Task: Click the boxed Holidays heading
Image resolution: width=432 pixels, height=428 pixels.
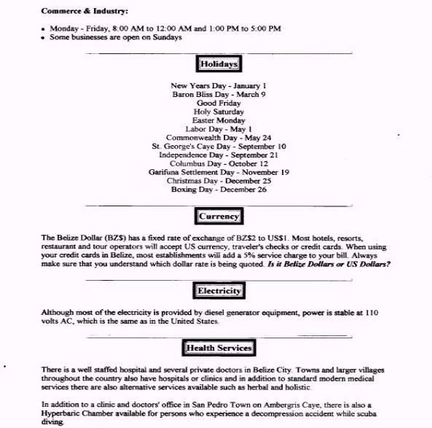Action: click(219, 64)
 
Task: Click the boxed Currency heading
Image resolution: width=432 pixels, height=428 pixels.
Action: click(219, 217)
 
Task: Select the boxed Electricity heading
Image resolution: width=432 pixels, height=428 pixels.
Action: click(219, 291)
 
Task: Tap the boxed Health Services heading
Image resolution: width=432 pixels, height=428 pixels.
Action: click(219, 348)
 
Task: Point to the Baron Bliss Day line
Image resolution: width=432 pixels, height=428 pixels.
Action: click(219, 94)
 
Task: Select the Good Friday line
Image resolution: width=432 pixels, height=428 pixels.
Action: click(219, 103)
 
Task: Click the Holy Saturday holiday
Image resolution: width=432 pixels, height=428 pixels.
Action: click(219, 112)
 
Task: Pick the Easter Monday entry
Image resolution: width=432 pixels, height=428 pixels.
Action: click(219, 120)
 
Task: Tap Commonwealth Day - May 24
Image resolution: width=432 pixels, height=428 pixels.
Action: click(219, 137)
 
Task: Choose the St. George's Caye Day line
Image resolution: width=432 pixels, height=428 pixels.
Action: click(219, 146)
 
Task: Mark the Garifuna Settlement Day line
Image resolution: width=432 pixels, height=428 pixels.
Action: click(219, 172)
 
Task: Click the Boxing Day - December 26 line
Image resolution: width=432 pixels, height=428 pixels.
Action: click(219, 190)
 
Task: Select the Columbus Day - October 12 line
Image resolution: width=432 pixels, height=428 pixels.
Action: click(219, 163)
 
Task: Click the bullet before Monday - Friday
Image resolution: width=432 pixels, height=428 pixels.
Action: click(44, 28)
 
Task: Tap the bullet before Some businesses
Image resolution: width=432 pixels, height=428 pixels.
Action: click(44, 37)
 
